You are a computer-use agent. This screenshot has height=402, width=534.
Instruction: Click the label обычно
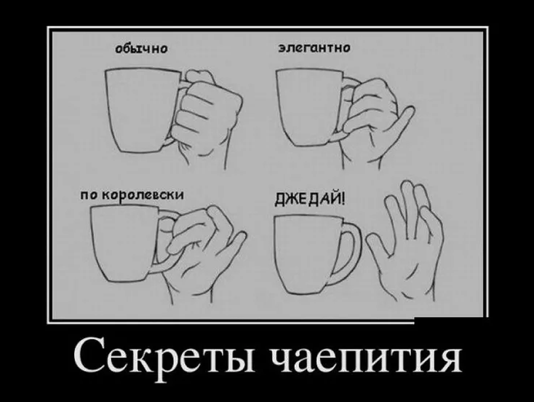point(141,49)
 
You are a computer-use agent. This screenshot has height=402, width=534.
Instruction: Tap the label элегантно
point(314,48)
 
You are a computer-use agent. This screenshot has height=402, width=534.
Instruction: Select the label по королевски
point(132,195)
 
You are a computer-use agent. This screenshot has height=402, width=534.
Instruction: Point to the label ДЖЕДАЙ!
point(310,198)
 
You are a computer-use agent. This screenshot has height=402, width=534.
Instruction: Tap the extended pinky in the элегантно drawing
point(399,121)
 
